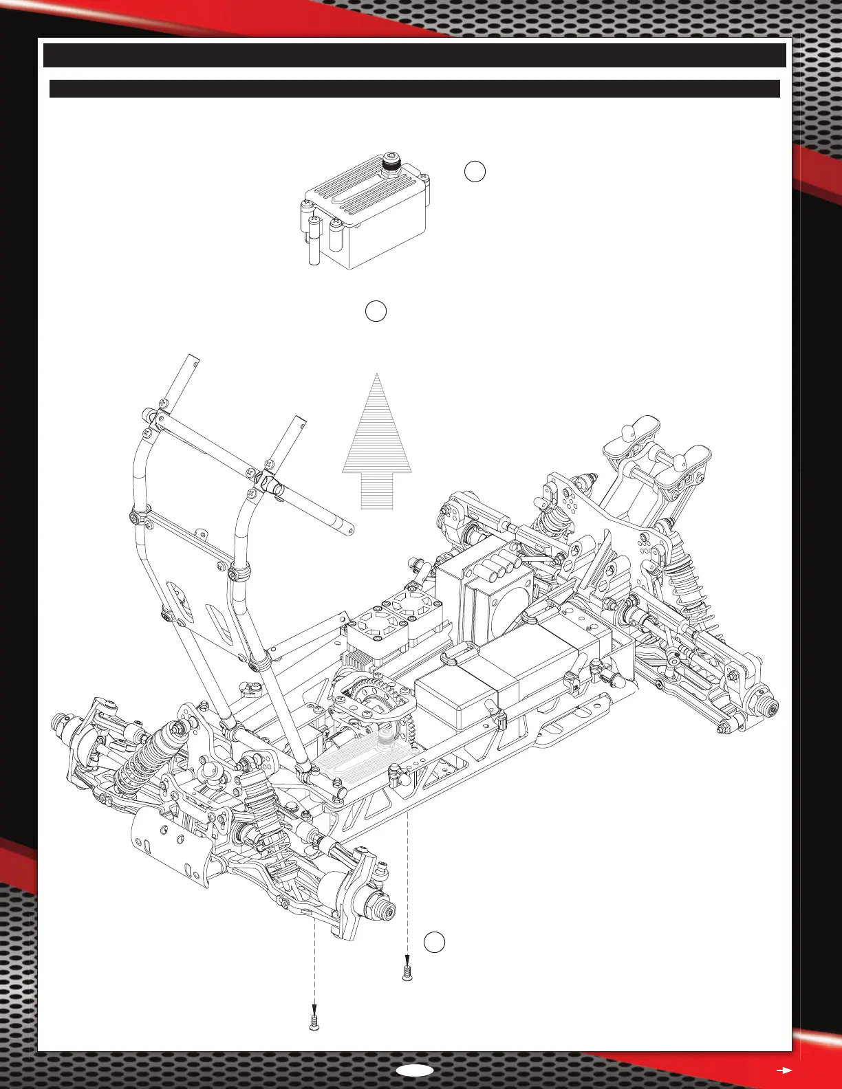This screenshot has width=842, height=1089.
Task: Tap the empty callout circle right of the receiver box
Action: click(x=475, y=172)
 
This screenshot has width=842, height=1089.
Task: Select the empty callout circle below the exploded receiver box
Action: click(x=376, y=311)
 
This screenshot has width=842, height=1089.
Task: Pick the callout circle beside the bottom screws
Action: click(x=434, y=943)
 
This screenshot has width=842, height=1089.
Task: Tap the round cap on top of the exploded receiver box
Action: click(x=391, y=165)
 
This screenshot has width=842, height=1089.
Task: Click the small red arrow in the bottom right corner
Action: click(x=784, y=1070)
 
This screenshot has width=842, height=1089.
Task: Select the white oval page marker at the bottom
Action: click(x=415, y=1070)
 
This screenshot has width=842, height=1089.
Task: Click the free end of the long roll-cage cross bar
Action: click(x=348, y=529)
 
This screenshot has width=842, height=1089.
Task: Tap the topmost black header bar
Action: click(x=414, y=56)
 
